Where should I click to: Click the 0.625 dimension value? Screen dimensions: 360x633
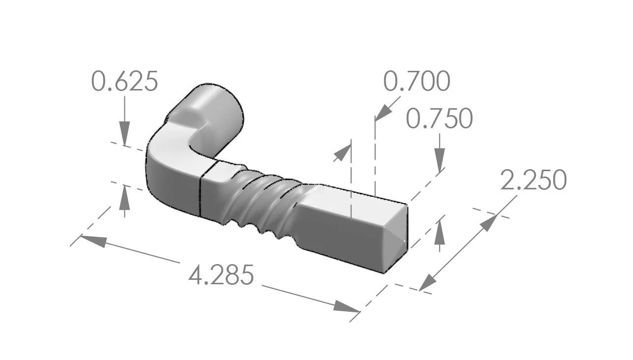[125, 82]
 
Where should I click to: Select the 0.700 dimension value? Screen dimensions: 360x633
[416, 82]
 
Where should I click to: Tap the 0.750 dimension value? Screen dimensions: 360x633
[440, 119]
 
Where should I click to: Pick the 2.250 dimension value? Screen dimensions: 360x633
[533, 180]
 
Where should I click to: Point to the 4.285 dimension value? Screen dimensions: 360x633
[221, 275]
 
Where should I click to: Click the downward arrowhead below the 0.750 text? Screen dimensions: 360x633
[440, 160]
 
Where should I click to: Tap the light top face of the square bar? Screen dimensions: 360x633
[354, 202]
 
